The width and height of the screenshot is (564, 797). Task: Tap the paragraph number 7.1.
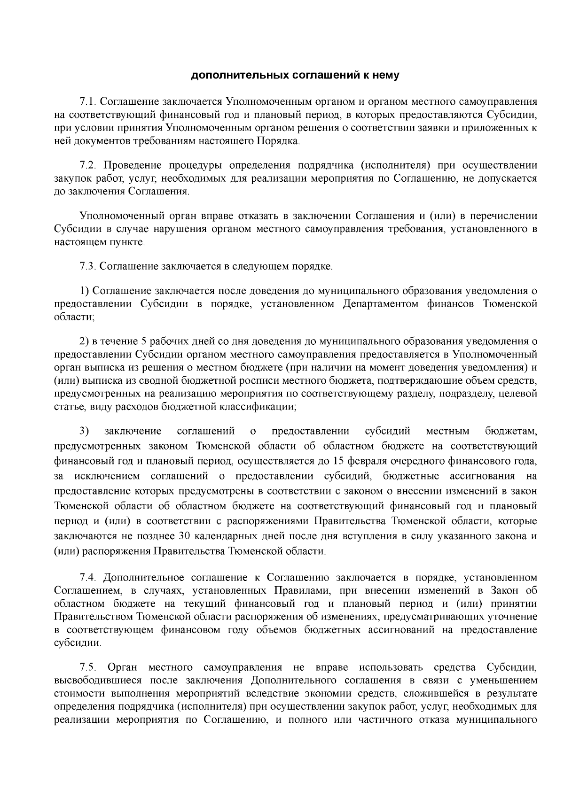click(88, 102)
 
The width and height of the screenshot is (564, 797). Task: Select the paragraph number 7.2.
click(88, 165)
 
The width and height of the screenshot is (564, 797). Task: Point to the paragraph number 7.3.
click(88, 267)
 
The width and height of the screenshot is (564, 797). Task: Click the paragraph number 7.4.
click(88, 577)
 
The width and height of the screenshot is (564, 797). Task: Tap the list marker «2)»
click(84, 341)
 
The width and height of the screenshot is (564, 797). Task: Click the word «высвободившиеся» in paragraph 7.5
click(98, 680)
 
